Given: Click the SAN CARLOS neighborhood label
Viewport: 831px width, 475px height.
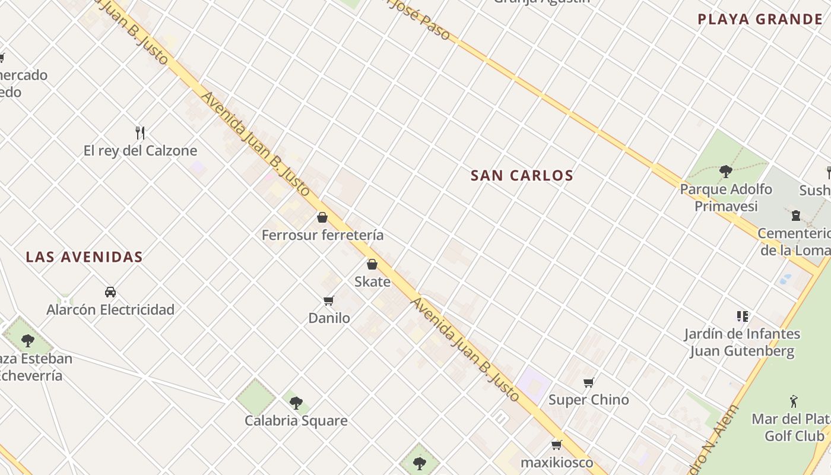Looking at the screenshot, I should click(x=522, y=176).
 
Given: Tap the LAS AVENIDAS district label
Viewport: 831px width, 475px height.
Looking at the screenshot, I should click(x=84, y=257).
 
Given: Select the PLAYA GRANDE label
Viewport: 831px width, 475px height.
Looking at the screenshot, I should click(x=760, y=20).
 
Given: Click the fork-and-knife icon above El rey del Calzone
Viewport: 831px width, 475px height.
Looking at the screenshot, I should click(x=140, y=132).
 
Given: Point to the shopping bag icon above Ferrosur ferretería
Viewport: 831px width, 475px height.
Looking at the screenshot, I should click(x=322, y=217).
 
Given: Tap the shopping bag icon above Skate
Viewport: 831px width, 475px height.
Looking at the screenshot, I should click(x=372, y=264).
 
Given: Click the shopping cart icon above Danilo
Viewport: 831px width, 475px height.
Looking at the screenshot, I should click(x=329, y=300).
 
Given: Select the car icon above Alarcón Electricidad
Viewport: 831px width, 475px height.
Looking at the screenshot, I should click(x=110, y=292).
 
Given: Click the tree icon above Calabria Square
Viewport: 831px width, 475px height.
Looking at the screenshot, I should click(x=296, y=403).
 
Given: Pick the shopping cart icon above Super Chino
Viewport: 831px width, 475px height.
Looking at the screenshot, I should click(x=588, y=382).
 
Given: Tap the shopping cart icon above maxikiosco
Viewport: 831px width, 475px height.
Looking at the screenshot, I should click(x=557, y=445).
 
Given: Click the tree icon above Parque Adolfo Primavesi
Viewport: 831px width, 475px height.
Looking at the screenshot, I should click(x=725, y=172).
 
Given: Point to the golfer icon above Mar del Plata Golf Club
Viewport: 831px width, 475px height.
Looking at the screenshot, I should click(x=794, y=402).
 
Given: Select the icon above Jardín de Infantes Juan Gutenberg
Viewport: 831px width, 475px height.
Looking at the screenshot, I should click(x=742, y=316).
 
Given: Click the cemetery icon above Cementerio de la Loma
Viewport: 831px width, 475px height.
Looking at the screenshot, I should click(x=796, y=216).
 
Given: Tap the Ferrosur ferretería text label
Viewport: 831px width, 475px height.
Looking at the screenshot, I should click(x=322, y=235).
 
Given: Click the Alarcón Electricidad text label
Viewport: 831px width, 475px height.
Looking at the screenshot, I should click(x=110, y=310).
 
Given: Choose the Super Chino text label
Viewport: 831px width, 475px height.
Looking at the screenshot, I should click(x=588, y=400).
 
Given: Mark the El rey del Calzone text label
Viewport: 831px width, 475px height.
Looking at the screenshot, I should click(x=140, y=151).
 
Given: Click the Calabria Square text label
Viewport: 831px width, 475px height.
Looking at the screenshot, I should click(x=296, y=421).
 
